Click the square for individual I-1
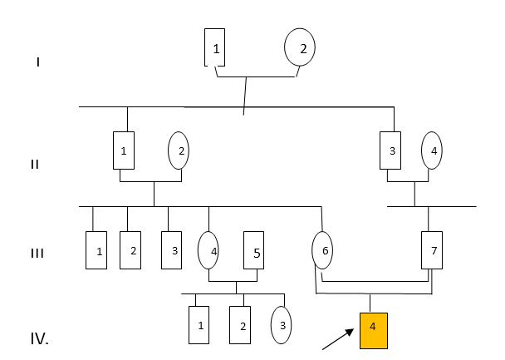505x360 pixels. tap(215, 48)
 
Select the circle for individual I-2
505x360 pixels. tap(300, 48)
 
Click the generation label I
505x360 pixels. tap(38, 61)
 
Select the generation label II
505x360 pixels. tap(35, 164)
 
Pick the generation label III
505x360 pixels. tap(37, 253)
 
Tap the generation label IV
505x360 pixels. tap(39, 339)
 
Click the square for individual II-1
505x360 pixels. tap(124, 150)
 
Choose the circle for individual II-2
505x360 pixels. tap(178, 150)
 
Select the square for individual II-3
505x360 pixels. tap(390, 150)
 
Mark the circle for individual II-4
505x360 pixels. tap(431, 150)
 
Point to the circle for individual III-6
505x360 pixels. tap(322, 249)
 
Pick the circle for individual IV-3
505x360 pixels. tap(282, 325)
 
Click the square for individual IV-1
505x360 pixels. tap(199, 325)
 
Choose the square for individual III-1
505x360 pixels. tap(97, 251)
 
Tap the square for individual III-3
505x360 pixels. tap(171, 249)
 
